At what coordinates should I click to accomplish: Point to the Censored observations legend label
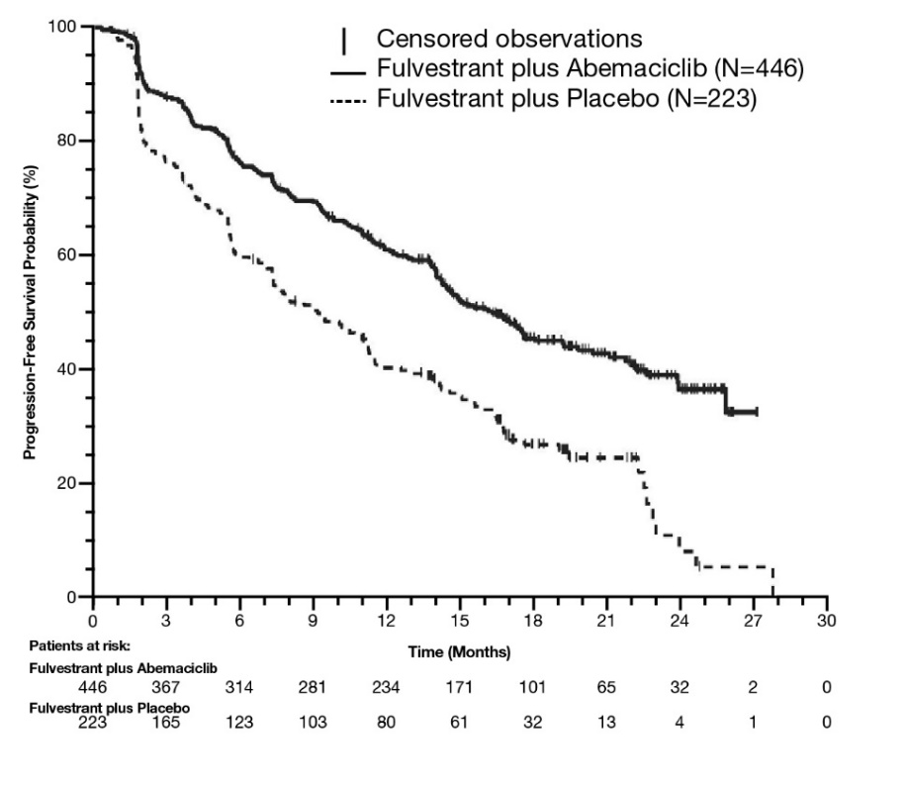tap(509, 40)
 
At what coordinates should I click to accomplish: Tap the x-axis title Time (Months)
tap(459, 652)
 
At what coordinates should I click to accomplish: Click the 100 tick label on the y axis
tap(62, 27)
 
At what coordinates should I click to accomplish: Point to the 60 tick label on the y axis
tap(66, 255)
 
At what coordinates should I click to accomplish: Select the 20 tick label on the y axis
tap(66, 484)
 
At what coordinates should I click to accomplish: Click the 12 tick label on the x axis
tap(386, 622)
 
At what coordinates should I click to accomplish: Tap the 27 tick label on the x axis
tap(753, 622)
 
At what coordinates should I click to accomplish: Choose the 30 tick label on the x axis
tap(826, 622)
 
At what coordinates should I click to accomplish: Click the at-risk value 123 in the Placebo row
tap(239, 723)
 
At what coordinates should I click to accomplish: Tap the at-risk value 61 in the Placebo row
tap(459, 723)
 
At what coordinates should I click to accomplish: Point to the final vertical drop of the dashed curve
tap(772, 582)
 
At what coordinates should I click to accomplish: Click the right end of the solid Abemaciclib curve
tap(757, 412)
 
